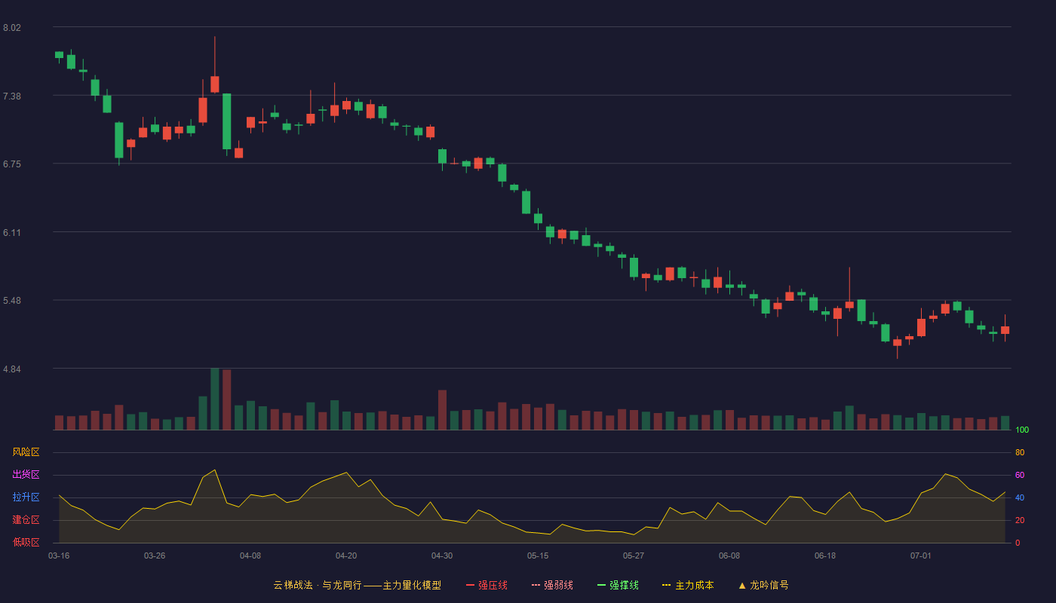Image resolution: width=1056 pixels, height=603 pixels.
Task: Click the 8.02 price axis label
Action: coord(12,28)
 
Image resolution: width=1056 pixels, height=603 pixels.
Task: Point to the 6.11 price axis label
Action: coord(12,233)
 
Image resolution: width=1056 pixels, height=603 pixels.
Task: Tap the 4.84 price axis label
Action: coord(12,369)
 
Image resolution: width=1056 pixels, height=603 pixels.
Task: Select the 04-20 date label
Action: coord(346,556)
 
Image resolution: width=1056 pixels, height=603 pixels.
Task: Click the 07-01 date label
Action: coord(921,556)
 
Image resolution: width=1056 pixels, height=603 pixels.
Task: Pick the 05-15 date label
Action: coord(538,556)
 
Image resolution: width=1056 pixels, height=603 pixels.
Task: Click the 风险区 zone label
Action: coord(26,452)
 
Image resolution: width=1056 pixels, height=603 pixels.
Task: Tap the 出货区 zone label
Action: coord(26,474)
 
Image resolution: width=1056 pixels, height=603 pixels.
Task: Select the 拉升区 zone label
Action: coord(26,497)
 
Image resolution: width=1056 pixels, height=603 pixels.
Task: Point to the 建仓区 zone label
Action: coord(26,519)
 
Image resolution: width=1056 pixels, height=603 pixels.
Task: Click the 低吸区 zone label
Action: coord(26,542)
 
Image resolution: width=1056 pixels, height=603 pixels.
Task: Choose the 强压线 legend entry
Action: coord(487,585)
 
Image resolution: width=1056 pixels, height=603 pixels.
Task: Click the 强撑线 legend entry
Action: coord(618,585)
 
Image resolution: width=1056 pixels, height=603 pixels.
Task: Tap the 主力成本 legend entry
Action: coord(688,585)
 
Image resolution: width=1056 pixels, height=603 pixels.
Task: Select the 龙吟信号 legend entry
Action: coord(763,585)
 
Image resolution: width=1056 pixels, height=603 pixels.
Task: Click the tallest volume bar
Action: coord(215,399)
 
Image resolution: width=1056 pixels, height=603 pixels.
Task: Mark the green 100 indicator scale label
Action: coord(1022,430)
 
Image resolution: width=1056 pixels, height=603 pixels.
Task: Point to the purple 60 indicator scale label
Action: coord(1020,475)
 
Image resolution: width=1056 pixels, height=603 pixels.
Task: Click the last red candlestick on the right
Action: coord(1005,330)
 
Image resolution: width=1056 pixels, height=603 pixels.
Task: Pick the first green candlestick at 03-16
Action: coord(59,55)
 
